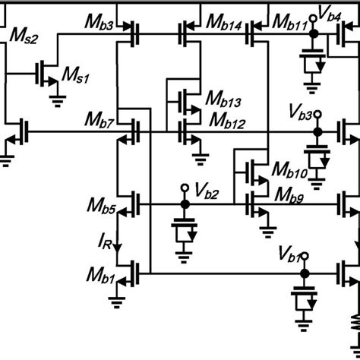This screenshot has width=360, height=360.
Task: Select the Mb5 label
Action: click(102, 204)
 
